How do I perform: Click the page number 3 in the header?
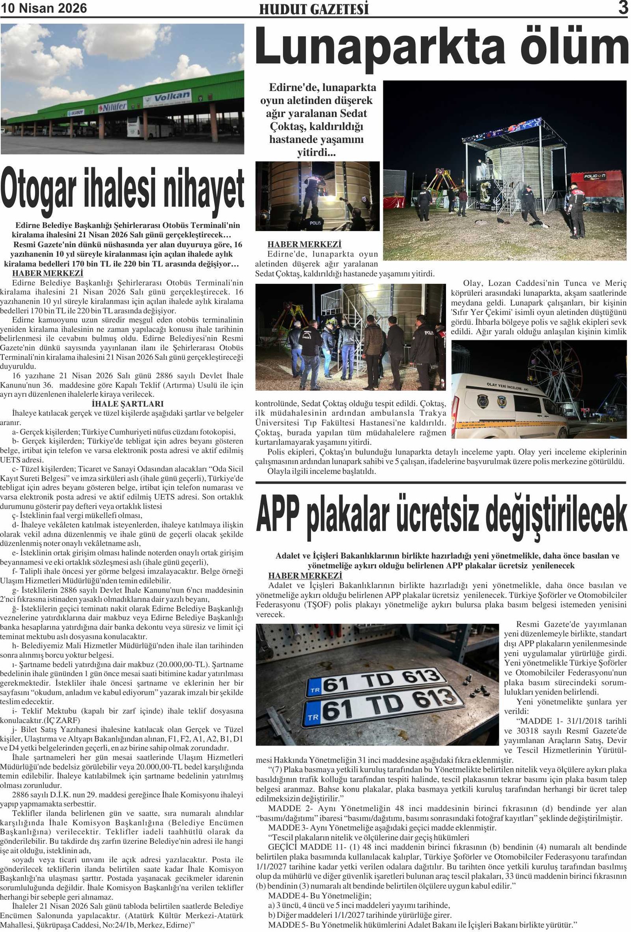point(623,8)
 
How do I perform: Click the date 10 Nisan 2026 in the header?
point(44,8)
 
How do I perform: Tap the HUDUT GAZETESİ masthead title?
point(314,9)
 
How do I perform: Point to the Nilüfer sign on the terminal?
point(113,107)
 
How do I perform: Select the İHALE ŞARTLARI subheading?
point(127,404)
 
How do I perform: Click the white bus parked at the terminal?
point(150,127)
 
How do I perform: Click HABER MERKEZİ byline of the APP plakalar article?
point(304,576)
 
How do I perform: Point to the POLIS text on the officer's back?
point(316,223)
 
